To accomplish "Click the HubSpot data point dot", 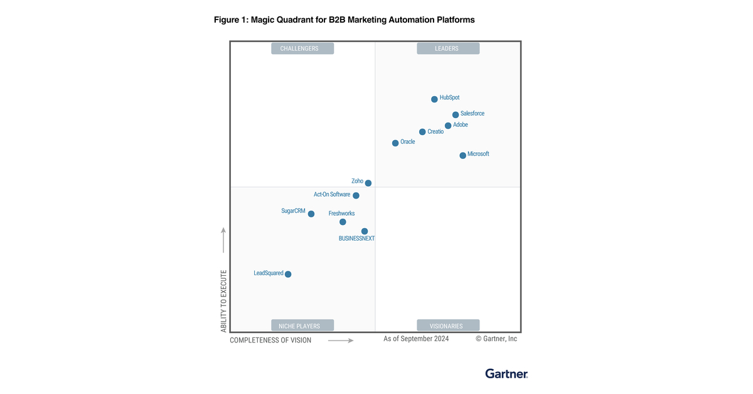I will point(434,99).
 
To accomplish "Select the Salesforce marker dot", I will point(456,115).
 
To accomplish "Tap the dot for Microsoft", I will point(462,155).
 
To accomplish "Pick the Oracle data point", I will point(395,143).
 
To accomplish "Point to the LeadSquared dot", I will point(288,274).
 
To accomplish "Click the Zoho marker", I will point(368,183).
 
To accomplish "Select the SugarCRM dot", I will point(311,214).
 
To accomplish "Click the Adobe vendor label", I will point(461,125).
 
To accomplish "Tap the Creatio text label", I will point(435,132).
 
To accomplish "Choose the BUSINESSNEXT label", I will point(356,239).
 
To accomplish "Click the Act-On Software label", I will point(332,195).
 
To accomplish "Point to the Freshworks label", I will point(341,214).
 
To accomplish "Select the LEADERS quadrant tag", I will point(447,48).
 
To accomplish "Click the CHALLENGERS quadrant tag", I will point(302,48).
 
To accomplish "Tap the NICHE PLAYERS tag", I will point(302,326).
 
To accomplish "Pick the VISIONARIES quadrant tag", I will point(447,326).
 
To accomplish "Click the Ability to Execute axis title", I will point(223,302).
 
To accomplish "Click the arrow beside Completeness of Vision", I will point(341,341).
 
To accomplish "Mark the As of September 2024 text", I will point(416,339).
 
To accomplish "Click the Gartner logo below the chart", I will point(506,374).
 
